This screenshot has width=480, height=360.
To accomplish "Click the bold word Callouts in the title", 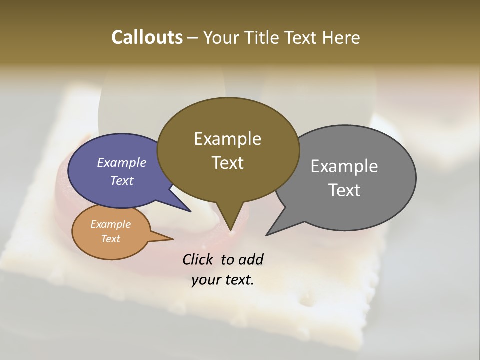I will pyautogui.click(x=147, y=37).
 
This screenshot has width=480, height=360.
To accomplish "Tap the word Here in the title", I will pyautogui.click(x=342, y=37).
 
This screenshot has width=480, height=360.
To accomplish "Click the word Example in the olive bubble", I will pyautogui.click(x=227, y=139).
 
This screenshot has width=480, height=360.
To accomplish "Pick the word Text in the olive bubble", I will pyautogui.click(x=227, y=163).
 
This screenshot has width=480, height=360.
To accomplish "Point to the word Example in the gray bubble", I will pyautogui.click(x=344, y=166).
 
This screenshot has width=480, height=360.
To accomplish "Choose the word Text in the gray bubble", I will pyautogui.click(x=344, y=190).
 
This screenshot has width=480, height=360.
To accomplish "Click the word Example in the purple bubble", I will pyautogui.click(x=121, y=162).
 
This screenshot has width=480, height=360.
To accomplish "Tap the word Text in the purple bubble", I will pyautogui.click(x=121, y=180).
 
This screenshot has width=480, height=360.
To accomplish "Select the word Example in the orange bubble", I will pyautogui.click(x=110, y=224).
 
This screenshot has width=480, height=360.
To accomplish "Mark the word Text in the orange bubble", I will pyautogui.click(x=110, y=239).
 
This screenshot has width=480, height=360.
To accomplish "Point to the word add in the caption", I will pyautogui.click(x=251, y=259).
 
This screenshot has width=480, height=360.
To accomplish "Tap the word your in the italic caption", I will pyautogui.click(x=205, y=280).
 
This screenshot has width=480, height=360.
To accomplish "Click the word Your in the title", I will pyautogui.click(x=221, y=37).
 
